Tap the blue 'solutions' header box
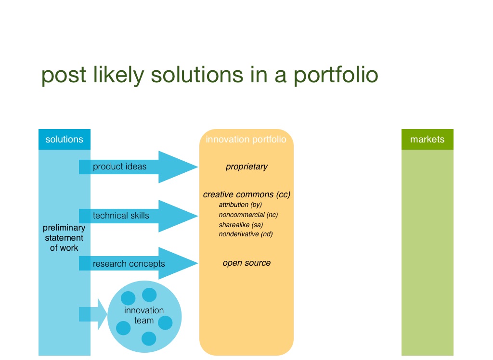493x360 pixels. pos(65,139)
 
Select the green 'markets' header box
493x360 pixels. pos(427,140)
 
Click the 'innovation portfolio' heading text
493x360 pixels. pos(246,140)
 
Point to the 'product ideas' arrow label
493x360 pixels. pos(119,167)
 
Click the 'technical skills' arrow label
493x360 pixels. pos(121,216)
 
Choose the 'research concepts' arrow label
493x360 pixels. pos(129,264)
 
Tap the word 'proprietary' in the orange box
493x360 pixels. pos(246,167)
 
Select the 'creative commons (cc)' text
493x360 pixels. pos(246,194)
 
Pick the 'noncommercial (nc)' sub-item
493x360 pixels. pos(248,215)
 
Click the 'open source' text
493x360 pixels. pos(246,263)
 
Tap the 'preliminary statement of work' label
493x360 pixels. pos(64,238)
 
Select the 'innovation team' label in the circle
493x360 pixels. pos(144,315)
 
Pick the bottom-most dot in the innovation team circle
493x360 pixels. pos(149,338)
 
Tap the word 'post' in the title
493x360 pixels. pos(64,76)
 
